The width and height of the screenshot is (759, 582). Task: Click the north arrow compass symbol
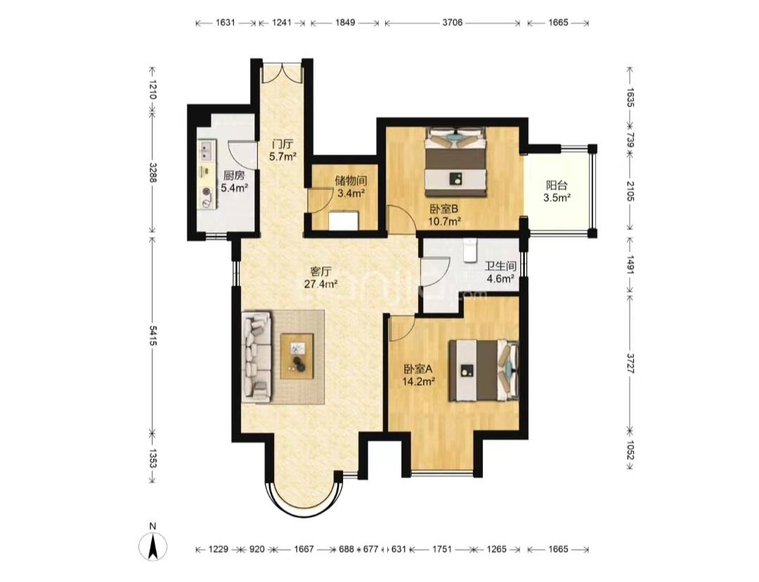click(x=153, y=547)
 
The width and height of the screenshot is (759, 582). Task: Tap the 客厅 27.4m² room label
click(x=320, y=278)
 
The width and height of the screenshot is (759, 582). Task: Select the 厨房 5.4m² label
click(x=234, y=181)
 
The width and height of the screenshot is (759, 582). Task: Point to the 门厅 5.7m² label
click(x=283, y=150)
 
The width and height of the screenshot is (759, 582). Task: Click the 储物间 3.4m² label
click(x=351, y=187)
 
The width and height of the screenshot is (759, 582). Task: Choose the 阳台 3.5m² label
click(x=557, y=191)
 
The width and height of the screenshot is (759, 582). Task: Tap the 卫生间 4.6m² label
click(x=500, y=272)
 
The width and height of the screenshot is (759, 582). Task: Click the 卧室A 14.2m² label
click(x=418, y=375)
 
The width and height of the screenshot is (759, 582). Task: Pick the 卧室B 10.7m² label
click(x=444, y=216)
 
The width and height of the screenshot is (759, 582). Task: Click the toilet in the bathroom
click(x=469, y=250)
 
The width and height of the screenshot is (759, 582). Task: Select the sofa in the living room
click(x=257, y=357)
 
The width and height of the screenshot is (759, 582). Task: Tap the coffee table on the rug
click(x=297, y=356)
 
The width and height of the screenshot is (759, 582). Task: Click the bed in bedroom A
click(x=484, y=370)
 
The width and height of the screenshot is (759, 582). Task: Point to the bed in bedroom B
click(x=455, y=162)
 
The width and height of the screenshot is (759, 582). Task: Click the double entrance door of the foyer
click(x=282, y=72)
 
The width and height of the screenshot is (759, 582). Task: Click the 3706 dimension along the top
click(x=453, y=22)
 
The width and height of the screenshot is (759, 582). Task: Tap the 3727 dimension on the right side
click(x=630, y=363)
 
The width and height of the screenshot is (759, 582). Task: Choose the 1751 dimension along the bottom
click(x=442, y=549)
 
